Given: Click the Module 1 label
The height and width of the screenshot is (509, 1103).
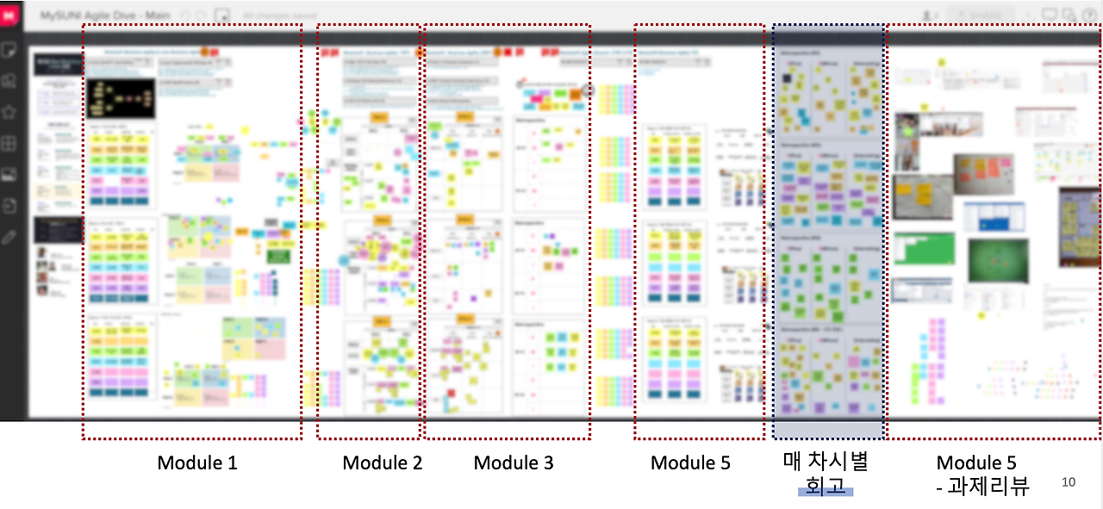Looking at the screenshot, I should pos(196,462).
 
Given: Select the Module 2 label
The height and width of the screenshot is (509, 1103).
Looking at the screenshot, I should pos(383,462).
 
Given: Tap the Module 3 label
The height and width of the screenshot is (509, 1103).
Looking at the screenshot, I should pos(514,462).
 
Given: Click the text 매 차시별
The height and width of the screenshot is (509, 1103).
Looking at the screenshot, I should pos(826,462).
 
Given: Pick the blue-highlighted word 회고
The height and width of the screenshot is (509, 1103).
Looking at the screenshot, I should pos(826,487).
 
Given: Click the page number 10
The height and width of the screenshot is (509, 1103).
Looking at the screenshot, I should pos(1069,482).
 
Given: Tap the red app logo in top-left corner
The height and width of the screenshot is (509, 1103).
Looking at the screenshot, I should pos(10,16).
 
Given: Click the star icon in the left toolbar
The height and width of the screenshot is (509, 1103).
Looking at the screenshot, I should pos(10,112).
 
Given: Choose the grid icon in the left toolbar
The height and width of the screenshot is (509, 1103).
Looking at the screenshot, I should pos(10,143).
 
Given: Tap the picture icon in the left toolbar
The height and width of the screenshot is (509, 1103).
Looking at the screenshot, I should pos(10,175).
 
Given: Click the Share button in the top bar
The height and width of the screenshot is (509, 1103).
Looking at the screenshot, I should pos(980,15).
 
